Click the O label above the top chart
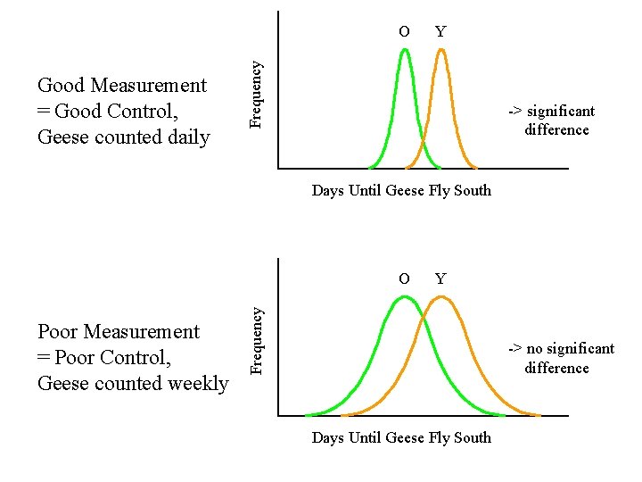pos(404,32)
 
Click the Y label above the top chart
pos(440,32)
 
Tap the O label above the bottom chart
pos(404,278)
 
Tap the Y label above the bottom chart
pos(440,278)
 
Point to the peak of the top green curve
pos(405,50)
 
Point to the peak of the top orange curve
pos(440,50)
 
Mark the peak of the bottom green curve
pos(405,296)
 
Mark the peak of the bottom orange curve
pos(440,296)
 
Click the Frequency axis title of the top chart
pos(257,93)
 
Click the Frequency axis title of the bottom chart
pos(257,340)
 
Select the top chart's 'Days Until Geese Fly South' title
pos(401,190)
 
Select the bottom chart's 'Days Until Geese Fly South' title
pos(401,437)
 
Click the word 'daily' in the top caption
pos(188,137)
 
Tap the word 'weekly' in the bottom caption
pos(198,384)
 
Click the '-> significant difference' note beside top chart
pos(551,120)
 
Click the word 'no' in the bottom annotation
pos(536,349)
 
